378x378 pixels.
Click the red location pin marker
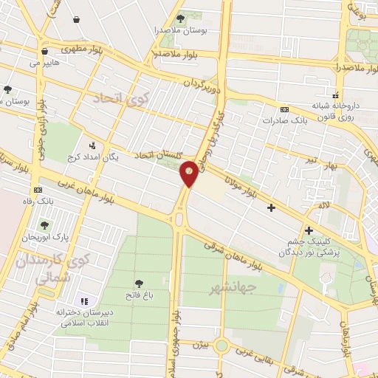tap(189, 173)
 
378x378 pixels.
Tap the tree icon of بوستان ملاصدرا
tap(181, 18)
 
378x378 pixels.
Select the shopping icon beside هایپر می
tap(45, 52)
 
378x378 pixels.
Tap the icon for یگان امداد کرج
tap(92, 146)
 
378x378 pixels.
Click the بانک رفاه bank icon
tap(38, 190)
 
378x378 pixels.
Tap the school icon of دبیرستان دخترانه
tap(83, 301)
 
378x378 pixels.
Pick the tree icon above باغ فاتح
tap(139, 283)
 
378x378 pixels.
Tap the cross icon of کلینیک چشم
tap(309, 231)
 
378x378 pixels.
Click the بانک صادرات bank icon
tap(284, 109)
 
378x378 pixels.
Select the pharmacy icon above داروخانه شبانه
tap(336, 94)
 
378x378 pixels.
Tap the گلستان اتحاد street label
tap(158, 154)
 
